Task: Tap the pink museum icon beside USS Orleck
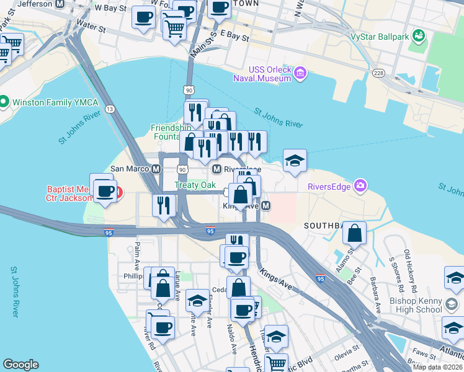tap(300, 74)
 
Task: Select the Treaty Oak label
tap(195, 185)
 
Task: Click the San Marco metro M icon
tap(156, 169)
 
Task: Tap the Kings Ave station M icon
tap(265, 205)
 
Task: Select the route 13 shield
tap(110, 109)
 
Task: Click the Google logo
tap(20, 365)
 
